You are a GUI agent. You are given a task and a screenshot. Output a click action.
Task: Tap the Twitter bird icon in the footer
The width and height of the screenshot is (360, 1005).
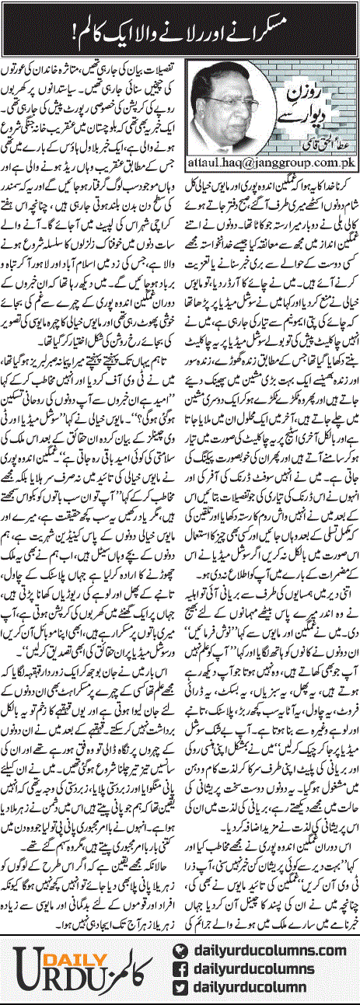click(180, 984)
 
